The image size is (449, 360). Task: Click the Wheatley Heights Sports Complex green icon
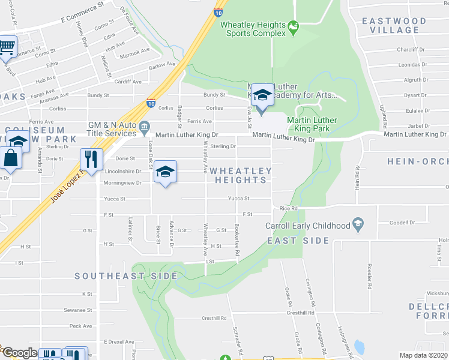(294, 26)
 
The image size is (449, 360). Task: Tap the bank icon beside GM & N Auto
(144, 127)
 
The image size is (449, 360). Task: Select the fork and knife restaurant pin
(91, 159)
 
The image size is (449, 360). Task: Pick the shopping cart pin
(7, 46)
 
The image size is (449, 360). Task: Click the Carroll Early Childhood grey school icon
(358, 224)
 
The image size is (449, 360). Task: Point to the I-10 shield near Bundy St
(151, 103)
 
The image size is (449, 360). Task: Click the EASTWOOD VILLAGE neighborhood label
(394, 25)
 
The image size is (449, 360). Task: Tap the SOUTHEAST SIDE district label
(126, 276)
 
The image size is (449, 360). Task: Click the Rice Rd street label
(289, 208)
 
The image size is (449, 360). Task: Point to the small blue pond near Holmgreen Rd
(359, 347)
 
